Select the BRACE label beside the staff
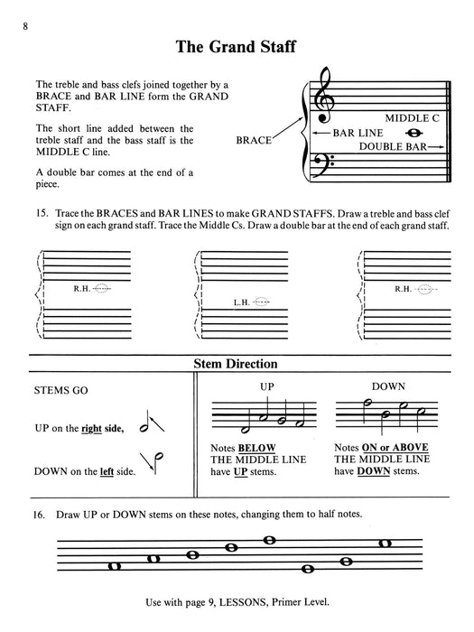[253, 141]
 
